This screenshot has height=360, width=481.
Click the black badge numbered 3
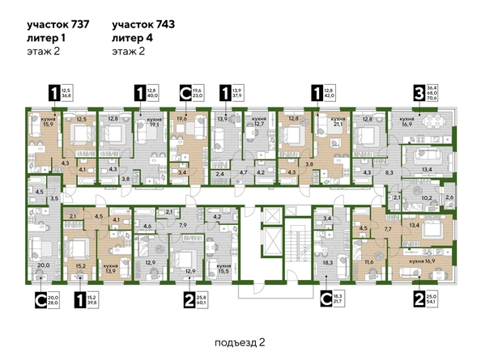pos(419,91)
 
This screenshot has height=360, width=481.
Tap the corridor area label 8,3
pos(389,173)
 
